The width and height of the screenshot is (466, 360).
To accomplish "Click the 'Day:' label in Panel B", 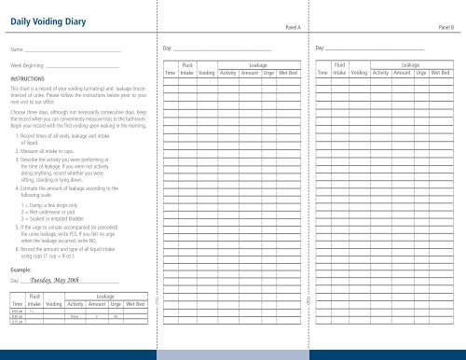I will (x=322, y=47).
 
